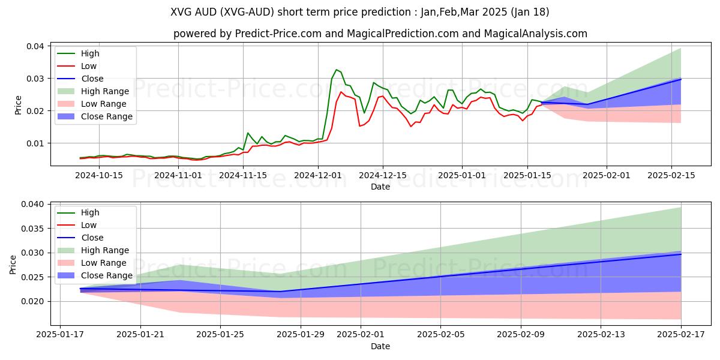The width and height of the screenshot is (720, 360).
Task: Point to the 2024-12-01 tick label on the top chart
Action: (x=317, y=175)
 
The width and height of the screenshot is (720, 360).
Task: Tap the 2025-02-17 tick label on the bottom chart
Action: (x=681, y=334)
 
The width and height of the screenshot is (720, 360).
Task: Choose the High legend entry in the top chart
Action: (x=89, y=54)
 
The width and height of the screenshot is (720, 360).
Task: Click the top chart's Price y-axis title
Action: (x=18, y=104)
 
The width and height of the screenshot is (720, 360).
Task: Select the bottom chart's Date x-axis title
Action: (x=380, y=346)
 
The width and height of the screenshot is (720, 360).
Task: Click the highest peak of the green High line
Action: (x=336, y=70)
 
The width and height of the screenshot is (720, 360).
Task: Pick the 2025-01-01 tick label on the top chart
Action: (x=461, y=175)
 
